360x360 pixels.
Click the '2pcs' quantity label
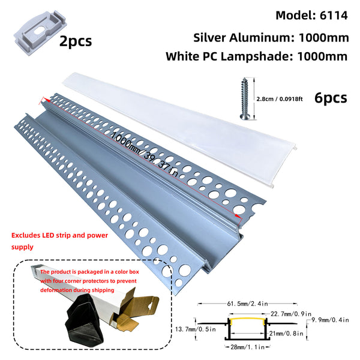coord(76,41)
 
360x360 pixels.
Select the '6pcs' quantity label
coord(330,98)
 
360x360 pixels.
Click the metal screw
coord(246,99)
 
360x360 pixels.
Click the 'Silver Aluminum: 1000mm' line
coord(271,37)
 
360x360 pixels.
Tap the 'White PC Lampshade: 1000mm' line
coord(257,57)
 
